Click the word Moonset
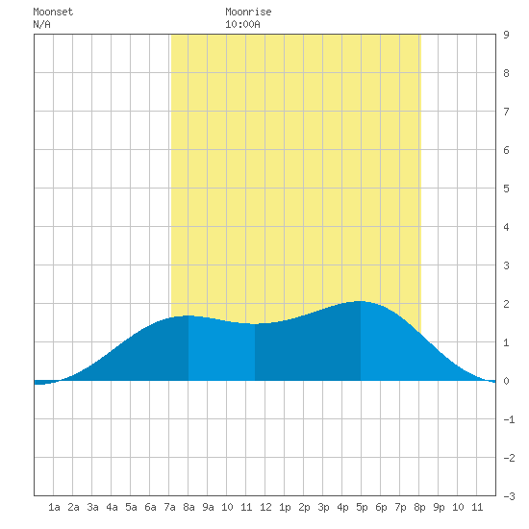pyautogui.click(x=53, y=12)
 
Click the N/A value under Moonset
pyautogui.click(x=41, y=24)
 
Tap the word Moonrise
pyautogui.click(x=248, y=12)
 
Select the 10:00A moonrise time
pyautogui.click(x=242, y=24)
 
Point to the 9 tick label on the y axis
pyautogui.click(x=506, y=35)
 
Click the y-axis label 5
pyautogui.click(x=506, y=189)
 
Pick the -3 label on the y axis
pyautogui.click(x=509, y=496)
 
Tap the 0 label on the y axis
pyautogui.click(x=506, y=381)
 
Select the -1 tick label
pyautogui.click(x=509, y=419)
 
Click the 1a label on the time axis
pyautogui.click(x=54, y=507)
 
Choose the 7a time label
pyautogui.click(x=169, y=507)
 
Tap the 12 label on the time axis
pyautogui.click(x=265, y=507)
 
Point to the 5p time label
pyautogui.click(x=362, y=507)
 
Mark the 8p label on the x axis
pyautogui.click(x=419, y=507)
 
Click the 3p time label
pyautogui.click(x=323, y=507)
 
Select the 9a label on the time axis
pyautogui.click(x=208, y=507)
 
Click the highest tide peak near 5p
pyautogui.click(x=360, y=301)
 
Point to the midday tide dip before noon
pyautogui.click(x=255, y=324)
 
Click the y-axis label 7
pyautogui.click(x=506, y=112)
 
